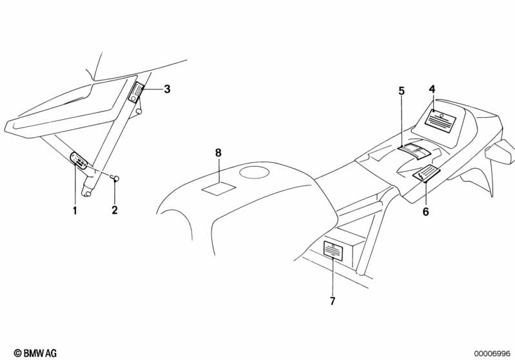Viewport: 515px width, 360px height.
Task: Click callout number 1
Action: click(75, 210)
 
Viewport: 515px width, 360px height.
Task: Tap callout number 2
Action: click(115, 210)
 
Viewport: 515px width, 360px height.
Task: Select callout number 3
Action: click(166, 89)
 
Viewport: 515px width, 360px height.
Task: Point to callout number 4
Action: click(432, 89)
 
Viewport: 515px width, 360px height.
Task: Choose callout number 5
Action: click(401, 91)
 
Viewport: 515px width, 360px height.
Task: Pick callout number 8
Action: click(218, 153)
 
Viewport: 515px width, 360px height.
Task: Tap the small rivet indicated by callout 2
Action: click(117, 178)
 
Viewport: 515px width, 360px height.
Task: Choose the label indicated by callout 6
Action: click(426, 174)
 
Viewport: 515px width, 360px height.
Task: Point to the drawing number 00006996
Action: click(492, 353)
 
